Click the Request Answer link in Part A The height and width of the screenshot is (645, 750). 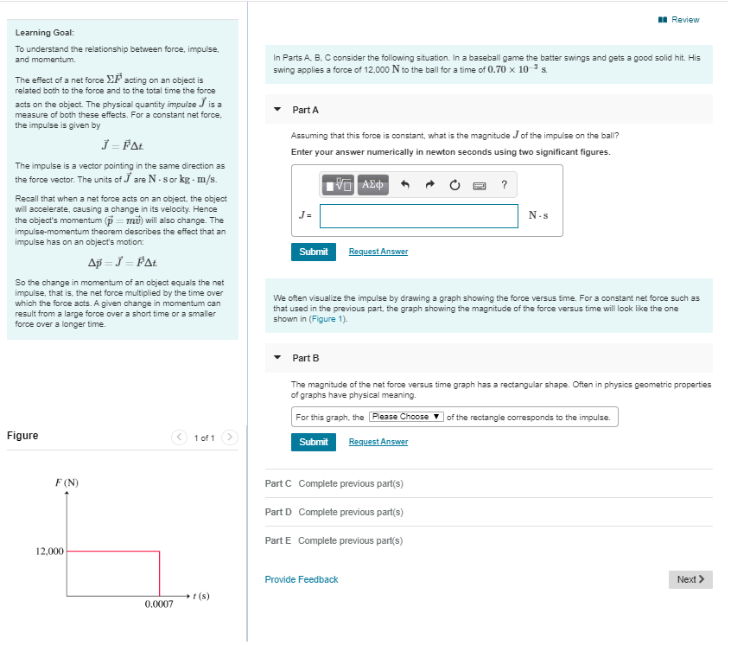(378, 252)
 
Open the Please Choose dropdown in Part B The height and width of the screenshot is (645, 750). (406, 417)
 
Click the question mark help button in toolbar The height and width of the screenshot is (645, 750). (504, 184)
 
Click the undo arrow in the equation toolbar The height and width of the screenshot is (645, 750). (404, 184)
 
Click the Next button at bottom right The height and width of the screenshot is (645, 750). (690, 579)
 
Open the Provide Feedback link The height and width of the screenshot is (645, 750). (301, 579)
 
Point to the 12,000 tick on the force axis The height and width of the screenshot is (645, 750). (49, 551)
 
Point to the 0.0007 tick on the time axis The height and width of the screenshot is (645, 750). (159, 604)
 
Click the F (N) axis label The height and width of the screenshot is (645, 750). (67, 482)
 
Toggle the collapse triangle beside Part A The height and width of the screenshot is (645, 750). (277, 110)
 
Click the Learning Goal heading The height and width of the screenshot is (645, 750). (38, 33)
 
